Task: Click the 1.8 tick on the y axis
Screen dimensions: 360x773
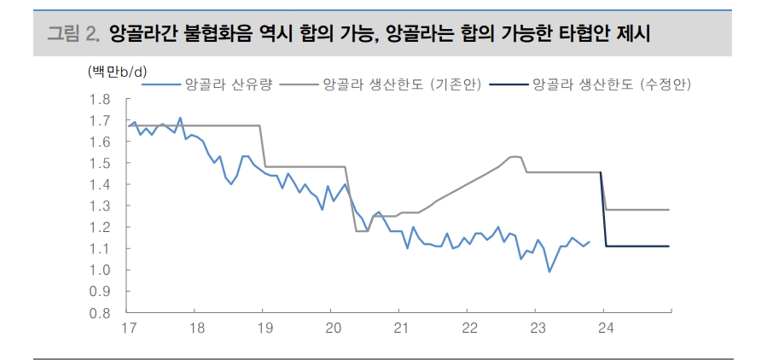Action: (x=100, y=99)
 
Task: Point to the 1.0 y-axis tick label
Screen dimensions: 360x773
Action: (x=100, y=270)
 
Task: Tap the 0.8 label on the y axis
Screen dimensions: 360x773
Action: (x=100, y=312)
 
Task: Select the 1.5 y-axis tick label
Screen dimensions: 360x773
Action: (x=100, y=163)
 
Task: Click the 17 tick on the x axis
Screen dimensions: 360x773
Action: (x=130, y=328)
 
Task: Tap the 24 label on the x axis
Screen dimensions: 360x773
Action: (x=603, y=328)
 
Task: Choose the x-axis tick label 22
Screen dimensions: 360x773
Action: (x=468, y=328)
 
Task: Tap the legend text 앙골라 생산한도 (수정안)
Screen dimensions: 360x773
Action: (x=611, y=84)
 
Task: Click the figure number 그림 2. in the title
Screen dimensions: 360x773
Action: (x=73, y=34)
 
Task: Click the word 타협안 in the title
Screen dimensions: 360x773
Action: (x=610, y=34)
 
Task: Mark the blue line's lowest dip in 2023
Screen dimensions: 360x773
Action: (x=549, y=271)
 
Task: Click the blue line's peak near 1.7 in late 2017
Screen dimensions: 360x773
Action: (x=180, y=118)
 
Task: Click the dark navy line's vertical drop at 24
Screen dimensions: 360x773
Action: (x=604, y=209)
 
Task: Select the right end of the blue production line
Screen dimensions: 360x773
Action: (x=589, y=241)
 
